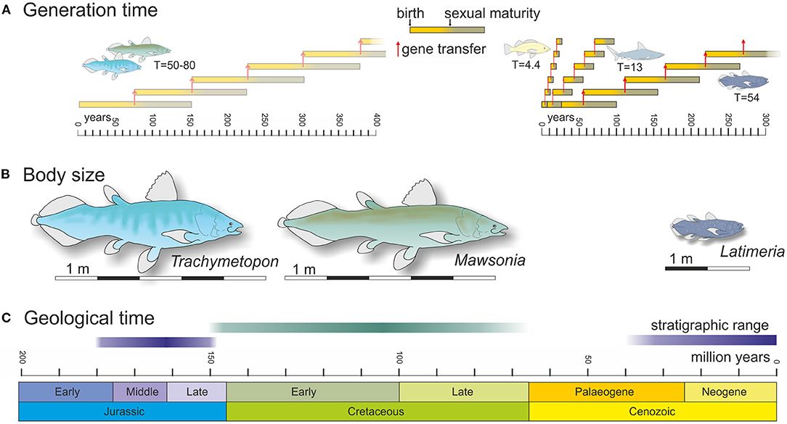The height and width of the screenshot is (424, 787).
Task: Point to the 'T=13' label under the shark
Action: [629, 67]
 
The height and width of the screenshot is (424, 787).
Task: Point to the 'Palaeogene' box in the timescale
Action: [606, 392]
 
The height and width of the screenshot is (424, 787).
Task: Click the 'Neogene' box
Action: [730, 392]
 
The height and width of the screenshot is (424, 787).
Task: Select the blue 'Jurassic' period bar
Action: [122, 411]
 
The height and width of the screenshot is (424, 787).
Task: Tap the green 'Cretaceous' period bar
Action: [377, 411]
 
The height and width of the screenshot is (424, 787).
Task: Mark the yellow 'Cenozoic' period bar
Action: [652, 411]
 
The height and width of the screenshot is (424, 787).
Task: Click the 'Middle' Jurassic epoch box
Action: [141, 392]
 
